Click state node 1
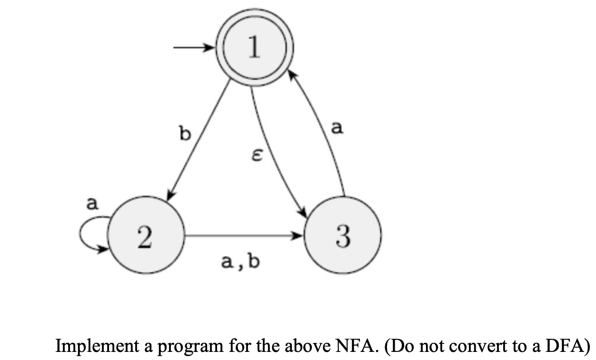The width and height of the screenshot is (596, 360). pos(254,48)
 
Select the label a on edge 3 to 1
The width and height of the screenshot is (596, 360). pos(337,127)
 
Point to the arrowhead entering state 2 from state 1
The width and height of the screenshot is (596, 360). pos(169,196)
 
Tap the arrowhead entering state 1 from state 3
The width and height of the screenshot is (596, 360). pos(292,73)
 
